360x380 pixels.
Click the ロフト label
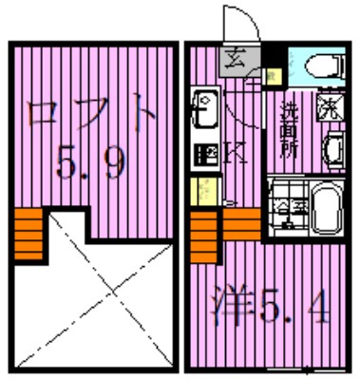coord(91,115)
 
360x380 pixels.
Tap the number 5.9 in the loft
coord(91,166)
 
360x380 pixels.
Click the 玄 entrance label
coord(232,64)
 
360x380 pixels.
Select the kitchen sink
coord(204,109)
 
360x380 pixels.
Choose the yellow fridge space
coord(203,191)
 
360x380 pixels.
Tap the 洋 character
coord(227,305)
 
